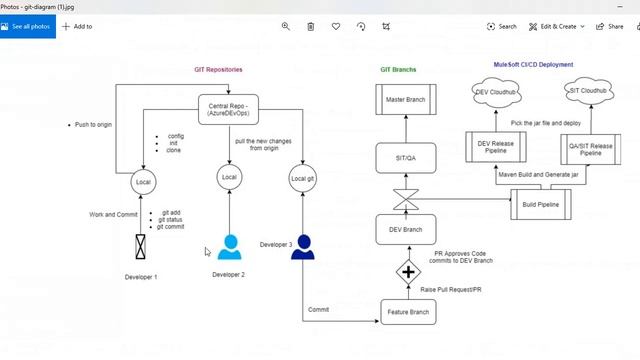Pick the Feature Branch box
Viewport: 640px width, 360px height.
(407, 313)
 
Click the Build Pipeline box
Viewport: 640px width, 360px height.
(541, 204)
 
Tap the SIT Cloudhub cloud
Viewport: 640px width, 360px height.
(589, 92)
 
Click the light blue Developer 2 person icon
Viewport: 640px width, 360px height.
(230, 247)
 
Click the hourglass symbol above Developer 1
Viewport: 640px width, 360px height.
(142, 246)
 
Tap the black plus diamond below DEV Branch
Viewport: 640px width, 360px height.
(408, 271)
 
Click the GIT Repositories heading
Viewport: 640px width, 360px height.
(218, 69)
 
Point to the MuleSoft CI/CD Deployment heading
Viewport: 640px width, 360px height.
(534, 64)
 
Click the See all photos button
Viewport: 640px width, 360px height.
(27, 26)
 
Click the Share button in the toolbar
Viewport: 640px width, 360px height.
(609, 26)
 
